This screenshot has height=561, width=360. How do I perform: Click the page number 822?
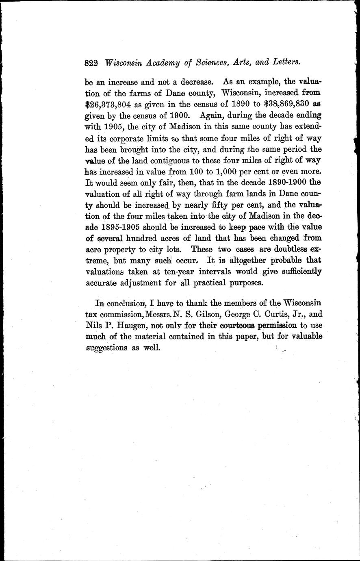click(x=92, y=63)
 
